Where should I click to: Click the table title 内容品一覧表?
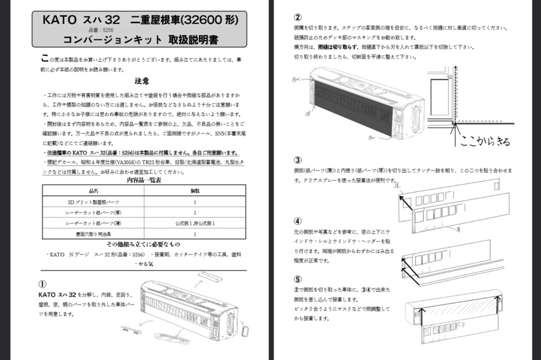pos(144,181)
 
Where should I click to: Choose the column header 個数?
pos(195,191)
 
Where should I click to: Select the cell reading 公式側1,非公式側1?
pos(195,223)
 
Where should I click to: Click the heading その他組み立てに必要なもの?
pos(143,244)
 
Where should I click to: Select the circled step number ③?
pos(298,160)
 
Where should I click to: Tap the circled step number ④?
pos(298,221)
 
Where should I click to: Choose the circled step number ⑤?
pos(298,279)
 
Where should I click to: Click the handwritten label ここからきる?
pos(485,141)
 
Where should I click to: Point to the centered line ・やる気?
pos(143,263)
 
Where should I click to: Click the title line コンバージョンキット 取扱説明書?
pos(141,40)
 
